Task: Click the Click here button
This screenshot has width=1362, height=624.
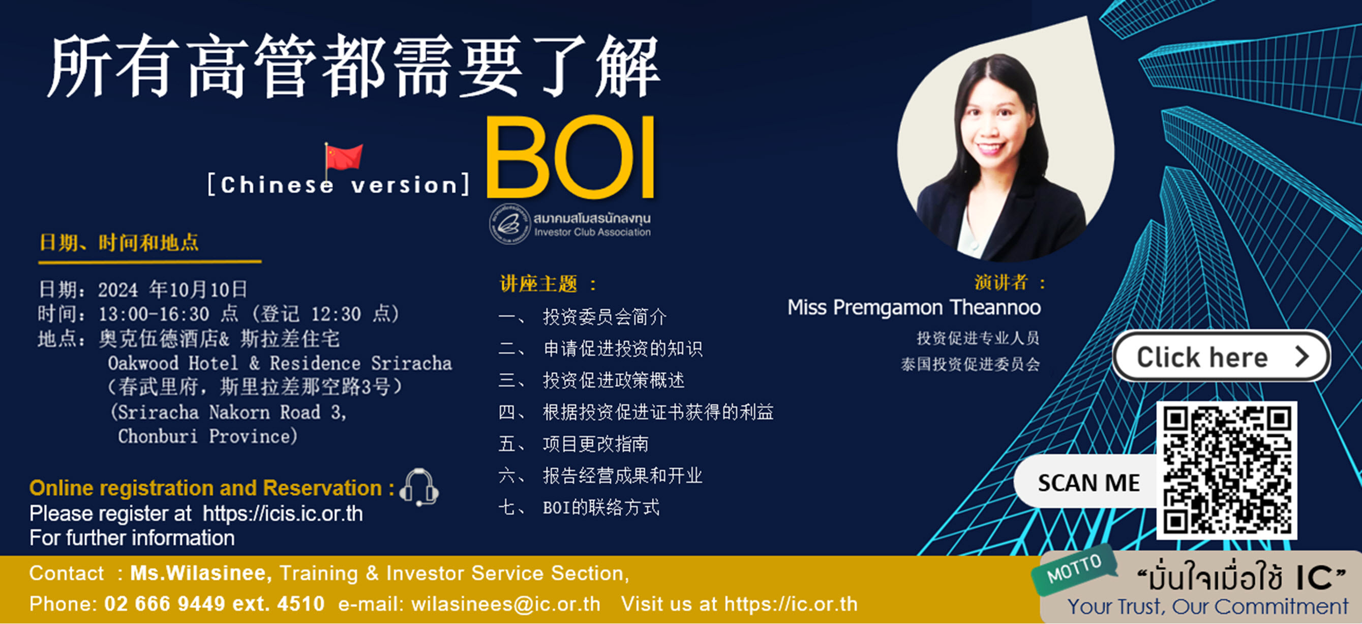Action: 1221,357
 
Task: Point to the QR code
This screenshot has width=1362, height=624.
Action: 1227,470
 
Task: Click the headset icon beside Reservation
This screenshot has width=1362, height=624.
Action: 419,487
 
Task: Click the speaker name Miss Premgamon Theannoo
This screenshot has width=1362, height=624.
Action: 914,308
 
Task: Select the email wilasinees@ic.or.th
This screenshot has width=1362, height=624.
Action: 505,604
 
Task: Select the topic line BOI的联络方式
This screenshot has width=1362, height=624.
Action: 601,508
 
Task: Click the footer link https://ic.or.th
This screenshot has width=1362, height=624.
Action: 791,604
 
